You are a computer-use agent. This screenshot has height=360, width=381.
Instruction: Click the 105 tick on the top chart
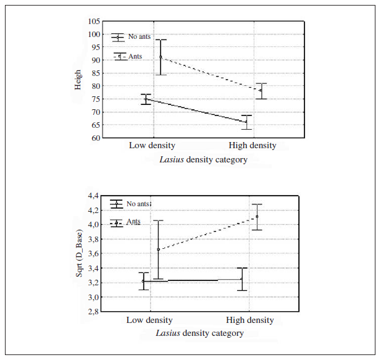93,22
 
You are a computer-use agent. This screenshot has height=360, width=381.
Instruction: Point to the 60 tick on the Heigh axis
95,138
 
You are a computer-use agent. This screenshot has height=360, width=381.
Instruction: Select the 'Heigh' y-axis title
78,80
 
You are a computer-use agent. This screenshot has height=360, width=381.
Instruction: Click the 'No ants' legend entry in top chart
139,37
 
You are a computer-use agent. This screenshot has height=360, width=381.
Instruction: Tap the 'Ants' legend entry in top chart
135,56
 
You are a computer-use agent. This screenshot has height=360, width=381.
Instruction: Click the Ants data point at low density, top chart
161,57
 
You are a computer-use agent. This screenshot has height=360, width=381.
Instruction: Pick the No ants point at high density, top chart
246,122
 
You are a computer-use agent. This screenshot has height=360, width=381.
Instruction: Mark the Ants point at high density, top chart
261,91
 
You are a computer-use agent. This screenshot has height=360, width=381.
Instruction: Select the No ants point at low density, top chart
146,99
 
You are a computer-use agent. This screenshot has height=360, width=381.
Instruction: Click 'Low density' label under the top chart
152,146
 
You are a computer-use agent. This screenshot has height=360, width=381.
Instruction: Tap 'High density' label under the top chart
252,146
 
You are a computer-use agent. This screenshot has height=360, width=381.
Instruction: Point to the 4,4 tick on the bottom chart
92,196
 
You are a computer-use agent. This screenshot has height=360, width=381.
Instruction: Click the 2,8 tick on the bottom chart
92,312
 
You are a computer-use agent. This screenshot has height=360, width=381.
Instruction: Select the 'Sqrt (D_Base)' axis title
79,254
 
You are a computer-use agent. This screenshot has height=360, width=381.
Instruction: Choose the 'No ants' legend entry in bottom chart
138,203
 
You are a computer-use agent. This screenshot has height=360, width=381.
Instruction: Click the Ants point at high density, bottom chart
257,217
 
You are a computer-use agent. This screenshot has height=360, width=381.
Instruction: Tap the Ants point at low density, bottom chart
158,249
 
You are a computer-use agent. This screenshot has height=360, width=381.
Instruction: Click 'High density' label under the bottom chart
249,320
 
